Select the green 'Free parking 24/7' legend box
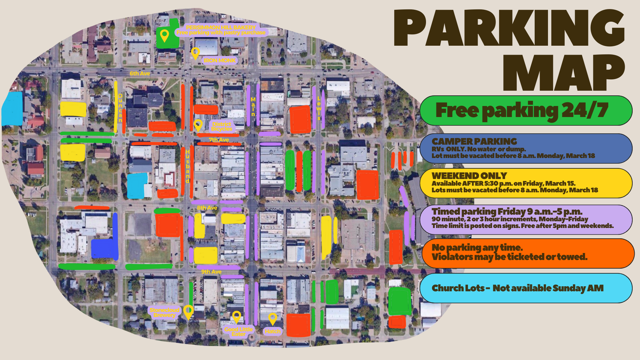[x=526, y=110]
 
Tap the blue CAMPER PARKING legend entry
[x=526, y=148]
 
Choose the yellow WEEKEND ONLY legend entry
[x=526, y=183]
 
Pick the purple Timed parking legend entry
[x=526, y=218]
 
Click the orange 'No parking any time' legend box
[x=527, y=253]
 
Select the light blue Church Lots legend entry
[x=526, y=288]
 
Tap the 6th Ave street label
[x=140, y=73]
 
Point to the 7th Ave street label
[x=219, y=139]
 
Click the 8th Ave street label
[x=207, y=208]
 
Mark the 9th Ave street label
[x=211, y=272]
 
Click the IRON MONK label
[x=220, y=61]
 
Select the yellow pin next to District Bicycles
[x=198, y=125]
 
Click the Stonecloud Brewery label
[x=164, y=312]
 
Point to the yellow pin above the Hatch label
[x=273, y=318]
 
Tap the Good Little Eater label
[x=238, y=331]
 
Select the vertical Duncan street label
[x=120, y=107]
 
